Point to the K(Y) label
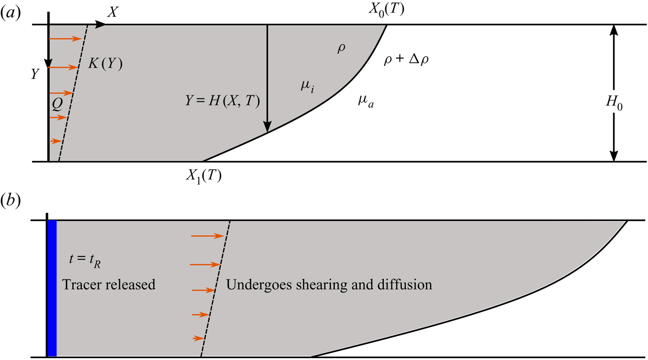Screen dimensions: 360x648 pos(106,65)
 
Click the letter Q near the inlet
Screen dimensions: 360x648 pos(57,106)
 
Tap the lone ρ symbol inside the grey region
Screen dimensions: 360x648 pos(341,49)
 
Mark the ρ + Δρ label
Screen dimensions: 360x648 pos(408,60)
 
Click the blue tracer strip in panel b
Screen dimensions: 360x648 pos(52,288)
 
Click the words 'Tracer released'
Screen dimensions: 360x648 pos(109,284)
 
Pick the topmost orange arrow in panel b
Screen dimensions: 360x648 pos(207,236)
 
